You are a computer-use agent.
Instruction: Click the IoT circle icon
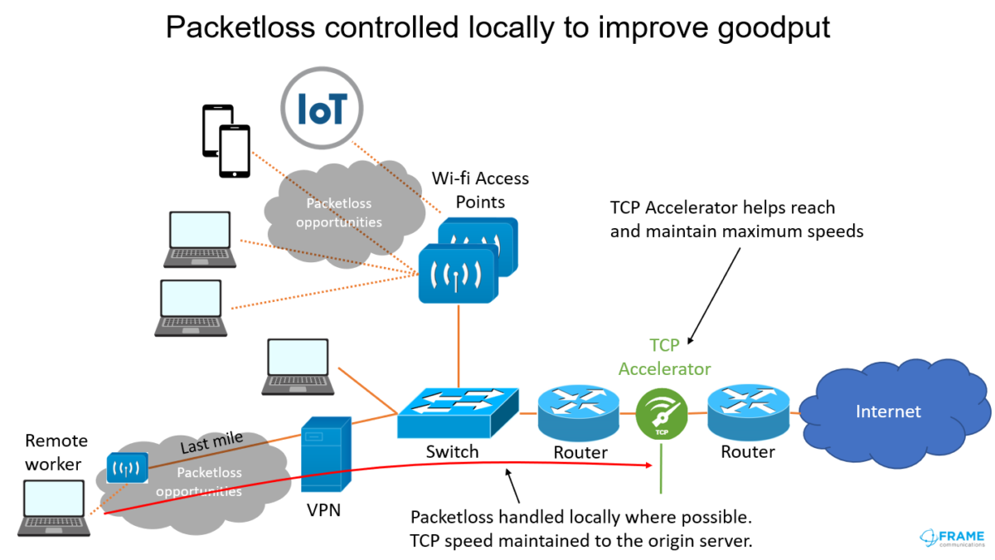click(322, 108)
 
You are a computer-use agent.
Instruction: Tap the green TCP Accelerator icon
click(662, 414)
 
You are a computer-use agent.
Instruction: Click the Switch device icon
click(458, 413)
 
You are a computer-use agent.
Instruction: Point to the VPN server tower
click(326, 455)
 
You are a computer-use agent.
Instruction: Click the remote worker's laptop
click(54, 508)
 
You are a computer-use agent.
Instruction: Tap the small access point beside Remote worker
click(127, 468)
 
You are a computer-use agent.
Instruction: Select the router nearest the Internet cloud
click(749, 412)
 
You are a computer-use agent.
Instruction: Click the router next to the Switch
click(579, 413)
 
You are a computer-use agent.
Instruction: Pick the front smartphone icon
click(235, 152)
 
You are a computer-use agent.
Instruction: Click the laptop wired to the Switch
click(298, 367)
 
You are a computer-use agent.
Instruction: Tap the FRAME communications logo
click(952, 538)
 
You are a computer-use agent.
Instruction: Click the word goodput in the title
click(774, 28)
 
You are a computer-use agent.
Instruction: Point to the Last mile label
click(211, 442)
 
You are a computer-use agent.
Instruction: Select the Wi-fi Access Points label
click(480, 190)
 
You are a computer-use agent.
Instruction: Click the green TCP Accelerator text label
click(664, 357)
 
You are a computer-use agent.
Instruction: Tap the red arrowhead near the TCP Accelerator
click(649, 465)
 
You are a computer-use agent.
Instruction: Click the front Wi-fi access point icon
click(458, 274)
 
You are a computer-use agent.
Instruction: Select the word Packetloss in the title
click(240, 27)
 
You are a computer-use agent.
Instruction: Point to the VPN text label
click(324, 510)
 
